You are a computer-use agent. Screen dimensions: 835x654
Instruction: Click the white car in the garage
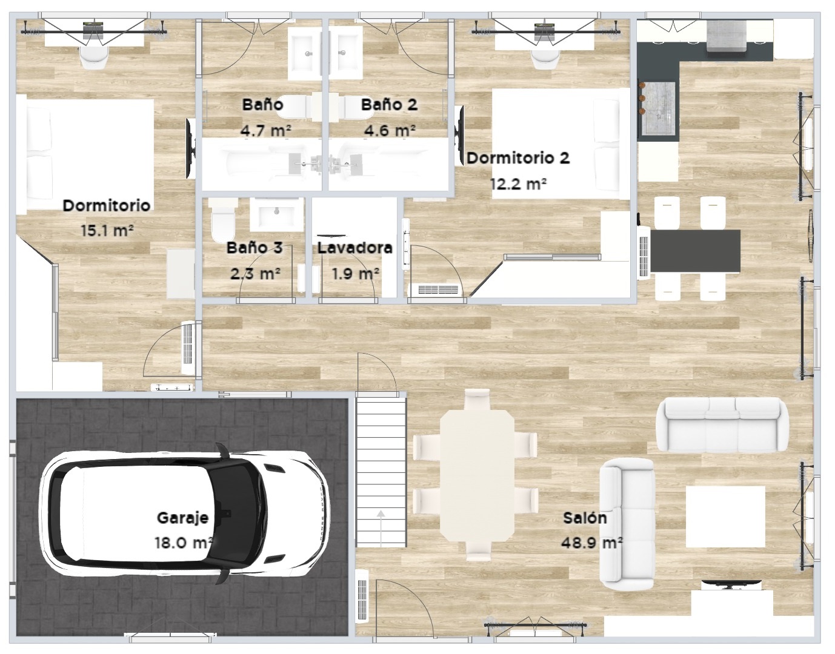[184, 514]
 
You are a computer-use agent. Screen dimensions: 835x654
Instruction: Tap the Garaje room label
[182, 518]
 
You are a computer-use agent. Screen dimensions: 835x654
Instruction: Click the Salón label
[585, 518]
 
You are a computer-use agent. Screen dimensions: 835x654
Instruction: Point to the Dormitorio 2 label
[518, 158]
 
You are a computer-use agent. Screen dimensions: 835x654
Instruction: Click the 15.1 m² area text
[107, 231]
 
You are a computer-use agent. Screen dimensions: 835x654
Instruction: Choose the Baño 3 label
[254, 247]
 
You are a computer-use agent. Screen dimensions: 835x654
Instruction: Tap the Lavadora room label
[354, 248]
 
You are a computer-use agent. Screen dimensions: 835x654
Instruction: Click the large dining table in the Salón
[477, 475]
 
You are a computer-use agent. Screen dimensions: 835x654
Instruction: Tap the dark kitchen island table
[695, 251]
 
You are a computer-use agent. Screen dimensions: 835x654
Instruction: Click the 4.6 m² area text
[390, 131]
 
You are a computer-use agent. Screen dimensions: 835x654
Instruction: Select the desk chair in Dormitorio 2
[545, 61]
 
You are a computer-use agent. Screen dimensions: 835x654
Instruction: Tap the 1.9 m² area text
[356, 274]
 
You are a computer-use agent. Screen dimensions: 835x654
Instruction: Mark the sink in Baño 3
[277, 215]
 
